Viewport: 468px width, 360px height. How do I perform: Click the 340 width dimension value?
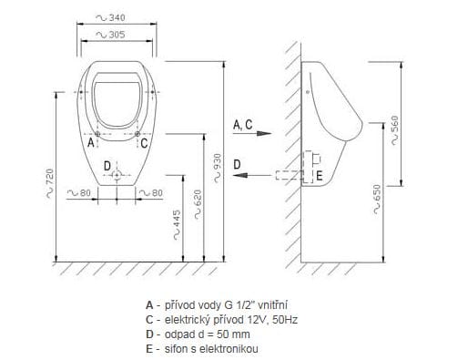(117, 17)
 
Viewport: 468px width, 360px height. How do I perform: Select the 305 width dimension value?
(117, 35)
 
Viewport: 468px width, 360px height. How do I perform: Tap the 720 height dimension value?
(50, 177)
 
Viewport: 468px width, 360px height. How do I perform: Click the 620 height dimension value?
(198, 198)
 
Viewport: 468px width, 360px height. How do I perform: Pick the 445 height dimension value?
(177, 219)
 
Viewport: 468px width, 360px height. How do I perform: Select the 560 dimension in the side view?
(394, 124)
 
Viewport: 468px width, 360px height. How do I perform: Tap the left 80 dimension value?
(86, 192)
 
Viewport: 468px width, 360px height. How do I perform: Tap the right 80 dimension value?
(158, 192)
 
